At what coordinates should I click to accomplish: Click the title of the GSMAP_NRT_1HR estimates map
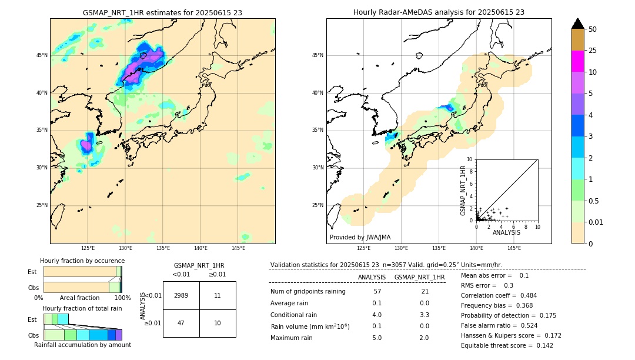(x=162, y=12)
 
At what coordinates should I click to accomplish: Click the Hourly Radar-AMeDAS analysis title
(x=439, y=12)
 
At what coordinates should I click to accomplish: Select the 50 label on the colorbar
(x=593, y=29)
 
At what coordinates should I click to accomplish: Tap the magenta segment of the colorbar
(x=577, y=61)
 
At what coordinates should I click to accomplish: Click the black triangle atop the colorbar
(x=577, y=24)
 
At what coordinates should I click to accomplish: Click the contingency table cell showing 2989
(x=181, y=295)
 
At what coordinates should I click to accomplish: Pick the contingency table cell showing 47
(x=181, y=323)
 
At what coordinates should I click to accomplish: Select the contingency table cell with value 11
(x=218, y=295)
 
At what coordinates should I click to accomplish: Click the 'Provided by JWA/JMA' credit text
(x=360, y=238)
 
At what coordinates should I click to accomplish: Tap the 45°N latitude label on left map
(x=42, y=55)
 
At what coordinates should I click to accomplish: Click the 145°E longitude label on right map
(x=514, y=248)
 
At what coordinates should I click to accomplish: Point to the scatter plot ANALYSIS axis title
(x=506, y=232)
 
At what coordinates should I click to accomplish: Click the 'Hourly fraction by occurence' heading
(x=82, y=261)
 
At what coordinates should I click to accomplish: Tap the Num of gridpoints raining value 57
(x=377, y=291)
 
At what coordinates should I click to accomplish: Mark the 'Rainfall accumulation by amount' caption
(x=82, y=345)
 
